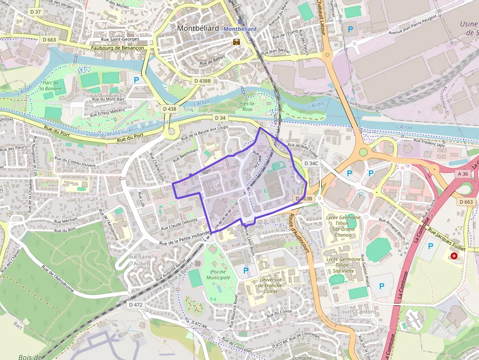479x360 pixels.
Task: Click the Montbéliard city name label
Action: click(x=198, y=28)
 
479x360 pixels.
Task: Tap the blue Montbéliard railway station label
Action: click(x=240, y=29)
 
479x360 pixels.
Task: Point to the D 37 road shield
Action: click(x=35, y=11)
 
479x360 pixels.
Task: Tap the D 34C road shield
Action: click(x=311, y=163)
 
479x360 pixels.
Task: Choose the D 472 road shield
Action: click(x=136, y=304)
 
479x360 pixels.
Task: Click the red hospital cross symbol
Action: click(x=455, y=256)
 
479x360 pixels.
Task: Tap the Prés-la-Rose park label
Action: click(x=248, y=106)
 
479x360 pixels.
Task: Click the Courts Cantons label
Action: click(x=357, y=312)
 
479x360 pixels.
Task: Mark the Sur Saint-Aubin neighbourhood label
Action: click(x=142, y=260)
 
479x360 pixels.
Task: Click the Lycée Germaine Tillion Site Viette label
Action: click(x=343, y=265)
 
